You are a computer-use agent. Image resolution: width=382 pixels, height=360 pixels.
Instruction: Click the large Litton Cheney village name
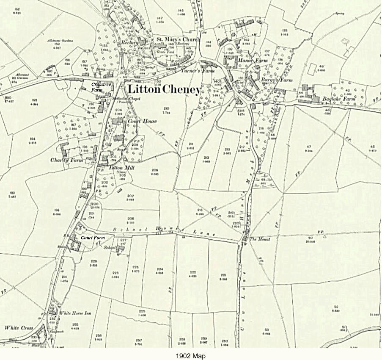pyautogui.click(x=164, y=90)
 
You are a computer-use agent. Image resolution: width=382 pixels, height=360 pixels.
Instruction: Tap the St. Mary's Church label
pyautogui.click(x=175, y=39)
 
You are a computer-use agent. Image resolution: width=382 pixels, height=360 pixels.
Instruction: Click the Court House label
pyautogui.click(x=143, y=121)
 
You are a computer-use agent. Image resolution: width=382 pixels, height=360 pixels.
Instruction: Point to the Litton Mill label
pyautogui.click(x=122, y=167)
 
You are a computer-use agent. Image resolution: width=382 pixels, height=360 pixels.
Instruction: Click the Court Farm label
pyautogui.click(x=93, y=238)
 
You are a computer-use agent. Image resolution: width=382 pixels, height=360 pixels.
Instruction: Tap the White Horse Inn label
pyautogui.click(x=76, y=313)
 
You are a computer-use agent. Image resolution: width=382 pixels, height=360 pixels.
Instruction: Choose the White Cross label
pyautogui.click(x=19, y=327)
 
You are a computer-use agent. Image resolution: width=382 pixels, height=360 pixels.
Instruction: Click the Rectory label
pyautogui.click(x=130, y=43)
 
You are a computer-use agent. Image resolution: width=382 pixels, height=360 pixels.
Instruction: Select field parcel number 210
pyautogui.click(x=166, y=108)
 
